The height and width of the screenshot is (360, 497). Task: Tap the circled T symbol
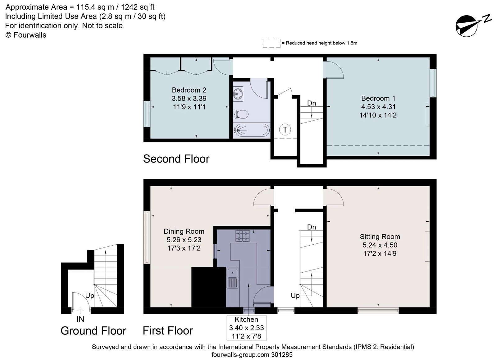[x=285, y=129]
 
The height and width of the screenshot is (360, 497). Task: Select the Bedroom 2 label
[x=189, y=90]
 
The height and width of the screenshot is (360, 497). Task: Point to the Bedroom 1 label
[x=378, y=98]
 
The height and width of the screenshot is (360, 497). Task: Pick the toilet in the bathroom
[x=240, y=114]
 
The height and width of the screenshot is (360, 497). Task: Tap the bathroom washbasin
[x=238, y=94]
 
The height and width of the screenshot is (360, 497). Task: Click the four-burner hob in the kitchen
[x=242, y=236]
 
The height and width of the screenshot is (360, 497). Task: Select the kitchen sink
[x=232, y=278]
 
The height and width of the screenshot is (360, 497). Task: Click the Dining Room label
[x=184, y=231]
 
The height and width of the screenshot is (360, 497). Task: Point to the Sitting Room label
[x=380, y=237]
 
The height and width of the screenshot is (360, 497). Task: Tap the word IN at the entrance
[x=80, y=319]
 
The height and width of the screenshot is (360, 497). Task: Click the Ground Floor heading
[x=93, y=331]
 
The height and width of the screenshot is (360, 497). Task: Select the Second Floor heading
[x=176, y=159]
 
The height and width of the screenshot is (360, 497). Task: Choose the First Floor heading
[x=168, y=331]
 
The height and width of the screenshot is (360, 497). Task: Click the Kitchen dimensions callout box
[x=247, y=328]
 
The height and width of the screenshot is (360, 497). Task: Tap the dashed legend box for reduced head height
[x=271, y=43]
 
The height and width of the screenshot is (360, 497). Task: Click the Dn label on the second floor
[x=312, y=103]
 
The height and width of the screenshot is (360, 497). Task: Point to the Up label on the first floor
[x=295, y=296]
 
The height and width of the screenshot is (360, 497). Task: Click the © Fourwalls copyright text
[x=26, y=35]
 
